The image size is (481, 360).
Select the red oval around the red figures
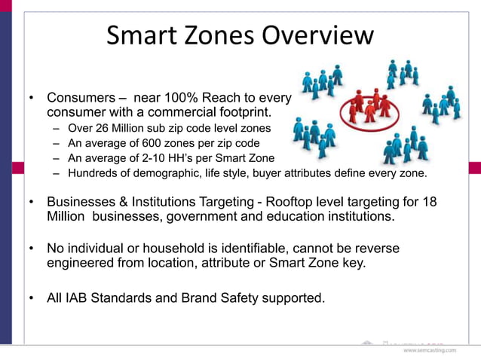pos(369,108)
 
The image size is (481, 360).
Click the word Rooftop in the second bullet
pos(308,203)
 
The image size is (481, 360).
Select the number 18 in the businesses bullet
pos(430,203)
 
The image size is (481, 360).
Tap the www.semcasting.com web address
pos(429,351)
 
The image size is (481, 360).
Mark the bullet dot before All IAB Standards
pos(32,298)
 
